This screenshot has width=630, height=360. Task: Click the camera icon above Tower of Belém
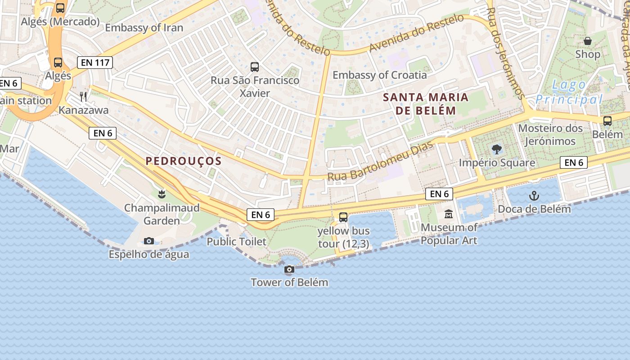pyautogui.click(x=289, y=270)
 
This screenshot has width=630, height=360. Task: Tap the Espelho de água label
pyautogui.click(x=149, y=254)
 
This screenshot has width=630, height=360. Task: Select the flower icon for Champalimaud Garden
pyautogui.click(x=161, y=194)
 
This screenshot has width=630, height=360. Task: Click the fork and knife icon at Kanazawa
pyautogui.click(x=83, y=96)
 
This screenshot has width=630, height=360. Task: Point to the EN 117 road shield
pyautogui.click(x=94, y=63)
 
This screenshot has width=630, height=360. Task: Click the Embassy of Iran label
pyautogui.click(x=144, y=28)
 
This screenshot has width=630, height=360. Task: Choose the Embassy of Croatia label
pyautogui.click(x=379, y=75)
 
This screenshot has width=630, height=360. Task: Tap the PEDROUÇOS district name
pyautogui.click(x=184, y=161)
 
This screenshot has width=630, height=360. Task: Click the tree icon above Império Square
pyautogui.click(x=497, y=149)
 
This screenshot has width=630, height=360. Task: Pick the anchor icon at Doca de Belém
pyautogui.click(x=534, y=196)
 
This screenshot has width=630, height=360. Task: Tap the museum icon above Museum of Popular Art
pyautogui.click(x=449, y=214)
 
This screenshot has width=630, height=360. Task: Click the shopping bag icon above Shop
pyautogui.click(x=588, y=41)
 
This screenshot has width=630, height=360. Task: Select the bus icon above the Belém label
pyautogui.click(x=607, y=121)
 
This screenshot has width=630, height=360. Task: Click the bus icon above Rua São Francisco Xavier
pyautogui.click(x=255, y=67)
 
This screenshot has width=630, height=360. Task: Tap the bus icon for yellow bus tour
pyautogui.click(x=343, y=217)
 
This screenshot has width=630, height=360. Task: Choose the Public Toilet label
pyautogui.click(x=236, y=242)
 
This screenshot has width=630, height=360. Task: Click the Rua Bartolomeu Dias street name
pyautogui.click(x=380, y=161)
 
